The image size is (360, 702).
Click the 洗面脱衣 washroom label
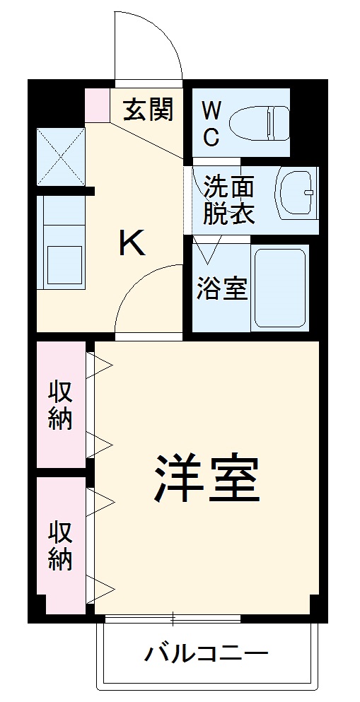[x=228, y=200]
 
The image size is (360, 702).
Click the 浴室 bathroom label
[x=222, y=289]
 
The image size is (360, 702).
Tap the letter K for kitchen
[x=132, y=245]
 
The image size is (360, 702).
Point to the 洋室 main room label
[x=207, y=478]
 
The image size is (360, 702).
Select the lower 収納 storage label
[x=61, y=545]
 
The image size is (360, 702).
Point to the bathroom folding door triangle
[x=207, y=250]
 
